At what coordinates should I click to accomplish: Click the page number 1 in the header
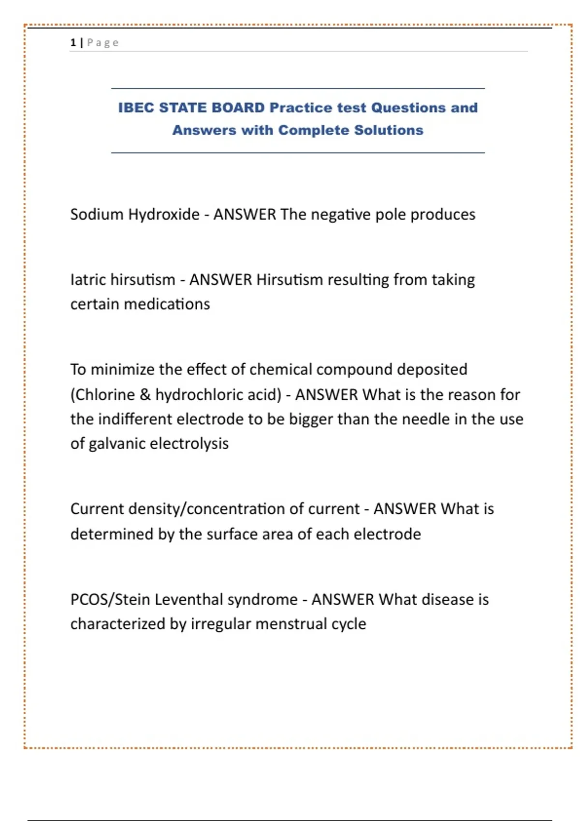(x=73, y=43)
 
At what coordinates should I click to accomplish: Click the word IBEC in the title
(x=136, y=108)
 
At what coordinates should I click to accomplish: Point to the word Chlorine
(x=104, y=395)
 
